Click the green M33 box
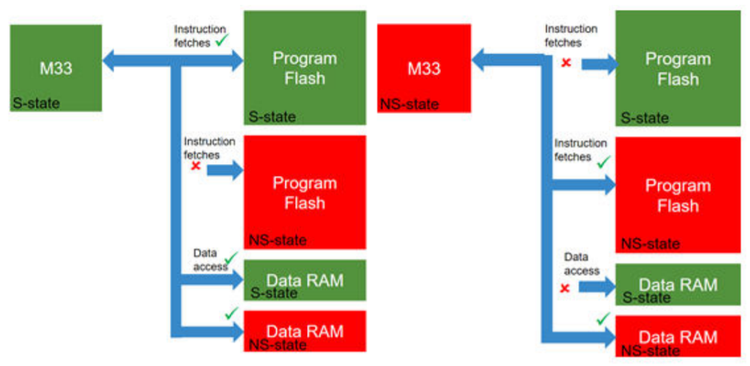[56, 68]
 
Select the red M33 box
[424, 68]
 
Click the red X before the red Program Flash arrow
[196, 165]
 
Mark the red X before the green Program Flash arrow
[566, 62]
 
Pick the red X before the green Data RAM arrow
[564, 287]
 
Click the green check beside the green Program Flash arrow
[222, 42]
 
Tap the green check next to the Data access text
[230, 259]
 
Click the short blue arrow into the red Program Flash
[225, 171]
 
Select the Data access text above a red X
[582, 264]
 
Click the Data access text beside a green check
[210, 259]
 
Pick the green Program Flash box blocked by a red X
[678, 68]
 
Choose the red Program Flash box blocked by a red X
[304, 192]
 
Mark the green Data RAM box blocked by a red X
[678, 285]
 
